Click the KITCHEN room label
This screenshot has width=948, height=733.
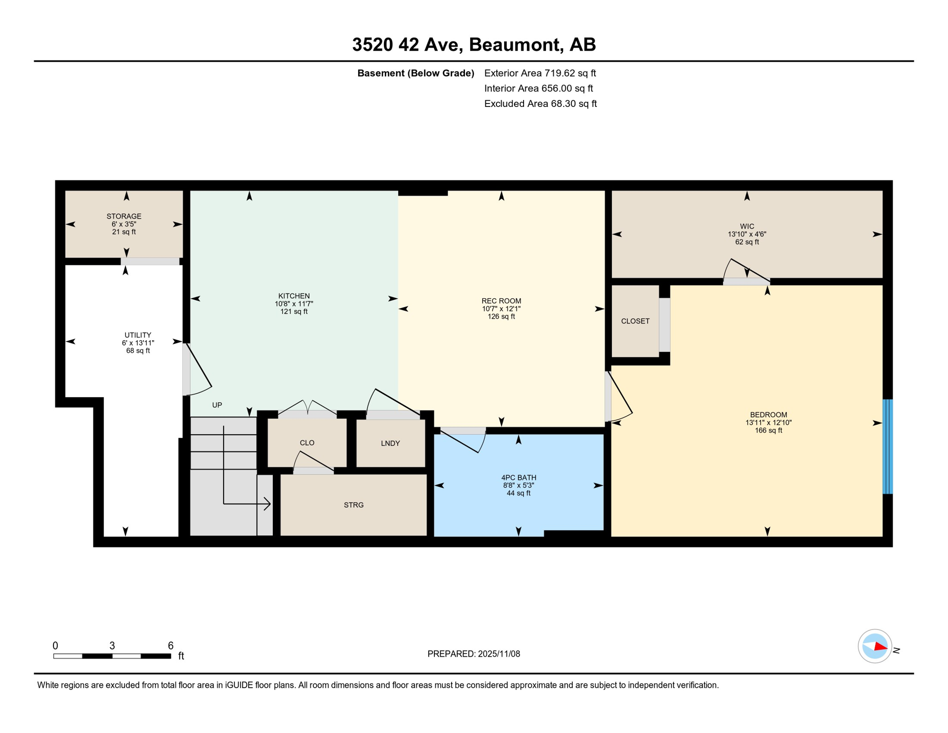(x=294, y=296)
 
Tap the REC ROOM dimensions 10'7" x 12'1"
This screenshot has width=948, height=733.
(x=501, y=309)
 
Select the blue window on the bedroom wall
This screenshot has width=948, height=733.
(x=887, y=446)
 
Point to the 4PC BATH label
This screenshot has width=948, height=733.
(x=518, y=477)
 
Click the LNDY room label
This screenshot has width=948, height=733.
(x=390, y=443)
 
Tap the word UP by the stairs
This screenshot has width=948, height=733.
(x=217, y=405)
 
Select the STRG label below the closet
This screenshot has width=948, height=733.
(x=353, y=505)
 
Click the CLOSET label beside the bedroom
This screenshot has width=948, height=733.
(x=635, y=321)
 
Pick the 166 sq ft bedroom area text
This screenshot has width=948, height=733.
(x=768, y=430)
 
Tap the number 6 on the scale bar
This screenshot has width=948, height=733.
(x=170, y=646)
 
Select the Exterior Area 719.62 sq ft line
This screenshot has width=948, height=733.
(x=540, y=73)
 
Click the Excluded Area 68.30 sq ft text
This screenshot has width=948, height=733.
(x=540, y=104)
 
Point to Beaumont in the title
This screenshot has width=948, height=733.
(x=514, y=44)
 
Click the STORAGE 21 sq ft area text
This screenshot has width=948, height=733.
(x=124, y=232)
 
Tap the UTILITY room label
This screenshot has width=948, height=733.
(x=138, y=335)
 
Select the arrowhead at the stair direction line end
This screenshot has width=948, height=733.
(x=268, y=503)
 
